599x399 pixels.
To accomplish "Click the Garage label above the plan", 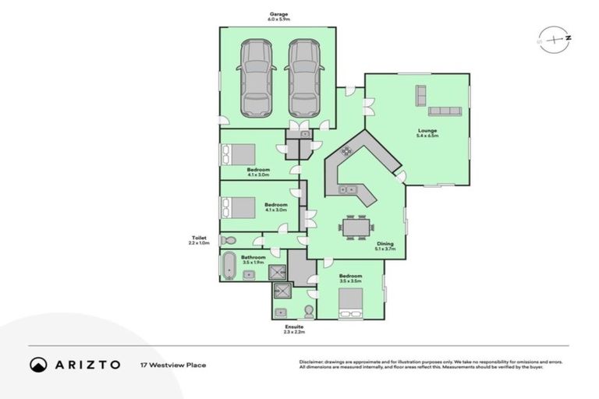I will [x=278, y=14].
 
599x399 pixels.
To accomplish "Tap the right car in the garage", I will [x=303, y=77].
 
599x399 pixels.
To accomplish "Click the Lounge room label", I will [x=427, y=130].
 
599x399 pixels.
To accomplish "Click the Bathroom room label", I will [x=253, y=257].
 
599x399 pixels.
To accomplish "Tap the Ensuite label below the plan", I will [x=293, y=327].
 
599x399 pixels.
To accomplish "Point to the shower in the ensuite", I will [x=281, y=291].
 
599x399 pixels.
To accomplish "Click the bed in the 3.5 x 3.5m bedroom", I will [x=350, y=304].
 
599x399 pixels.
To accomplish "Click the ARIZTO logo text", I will [x=86, y=365].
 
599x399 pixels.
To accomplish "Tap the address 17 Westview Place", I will [x=173, y=365].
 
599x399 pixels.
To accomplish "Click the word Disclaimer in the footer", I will [x=312, y=362].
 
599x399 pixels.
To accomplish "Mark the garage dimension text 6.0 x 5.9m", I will [x=278, y=20].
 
